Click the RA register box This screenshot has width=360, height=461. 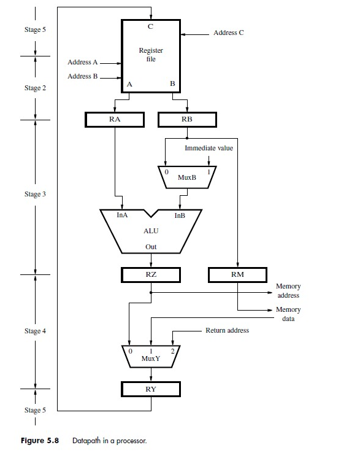115,119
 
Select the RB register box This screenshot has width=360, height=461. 188,119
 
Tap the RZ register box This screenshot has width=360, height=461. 151,274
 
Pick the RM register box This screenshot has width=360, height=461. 237,274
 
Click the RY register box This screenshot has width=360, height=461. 151,389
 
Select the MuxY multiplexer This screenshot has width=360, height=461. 151,356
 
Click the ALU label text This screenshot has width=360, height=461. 151,232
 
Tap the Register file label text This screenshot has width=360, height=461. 151,55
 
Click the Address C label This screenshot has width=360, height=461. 228,33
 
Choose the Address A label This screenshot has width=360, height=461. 83,62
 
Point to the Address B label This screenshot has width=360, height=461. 83,76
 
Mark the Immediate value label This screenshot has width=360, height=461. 209,148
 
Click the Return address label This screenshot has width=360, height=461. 227,330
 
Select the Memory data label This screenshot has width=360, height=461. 288,314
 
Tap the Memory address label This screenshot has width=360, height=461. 288,291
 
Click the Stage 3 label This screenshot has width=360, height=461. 35,194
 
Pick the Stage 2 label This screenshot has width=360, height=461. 35,88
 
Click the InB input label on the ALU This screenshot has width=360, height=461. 180,215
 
